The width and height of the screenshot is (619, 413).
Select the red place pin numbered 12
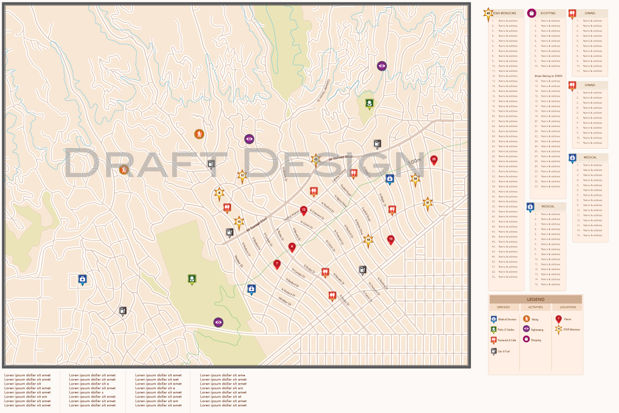[304, 210]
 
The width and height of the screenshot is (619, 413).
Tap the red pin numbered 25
[434, 160]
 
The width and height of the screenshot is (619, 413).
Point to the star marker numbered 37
[427, 202]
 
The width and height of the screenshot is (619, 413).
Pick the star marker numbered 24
[415, 179]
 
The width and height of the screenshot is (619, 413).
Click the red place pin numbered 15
[390, 239]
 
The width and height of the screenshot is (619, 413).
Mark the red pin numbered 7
[277, 264]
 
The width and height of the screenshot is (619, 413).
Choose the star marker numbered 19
[368, 240]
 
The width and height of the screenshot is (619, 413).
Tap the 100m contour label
[414, 162]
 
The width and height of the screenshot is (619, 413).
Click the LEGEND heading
[535, 299]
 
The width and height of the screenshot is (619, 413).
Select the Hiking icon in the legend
[526, 319]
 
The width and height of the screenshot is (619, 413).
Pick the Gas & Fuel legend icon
[494, 351]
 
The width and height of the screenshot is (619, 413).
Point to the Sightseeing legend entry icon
[526, 329]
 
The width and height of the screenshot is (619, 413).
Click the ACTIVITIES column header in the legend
[535, 307]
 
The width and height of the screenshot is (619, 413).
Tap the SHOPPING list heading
[548, 13]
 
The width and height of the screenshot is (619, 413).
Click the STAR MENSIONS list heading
[504, 13]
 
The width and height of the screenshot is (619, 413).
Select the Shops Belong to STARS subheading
[548, 76]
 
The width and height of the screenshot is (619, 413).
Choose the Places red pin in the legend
[558, 319]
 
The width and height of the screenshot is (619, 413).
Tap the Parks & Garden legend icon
[494, 329]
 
